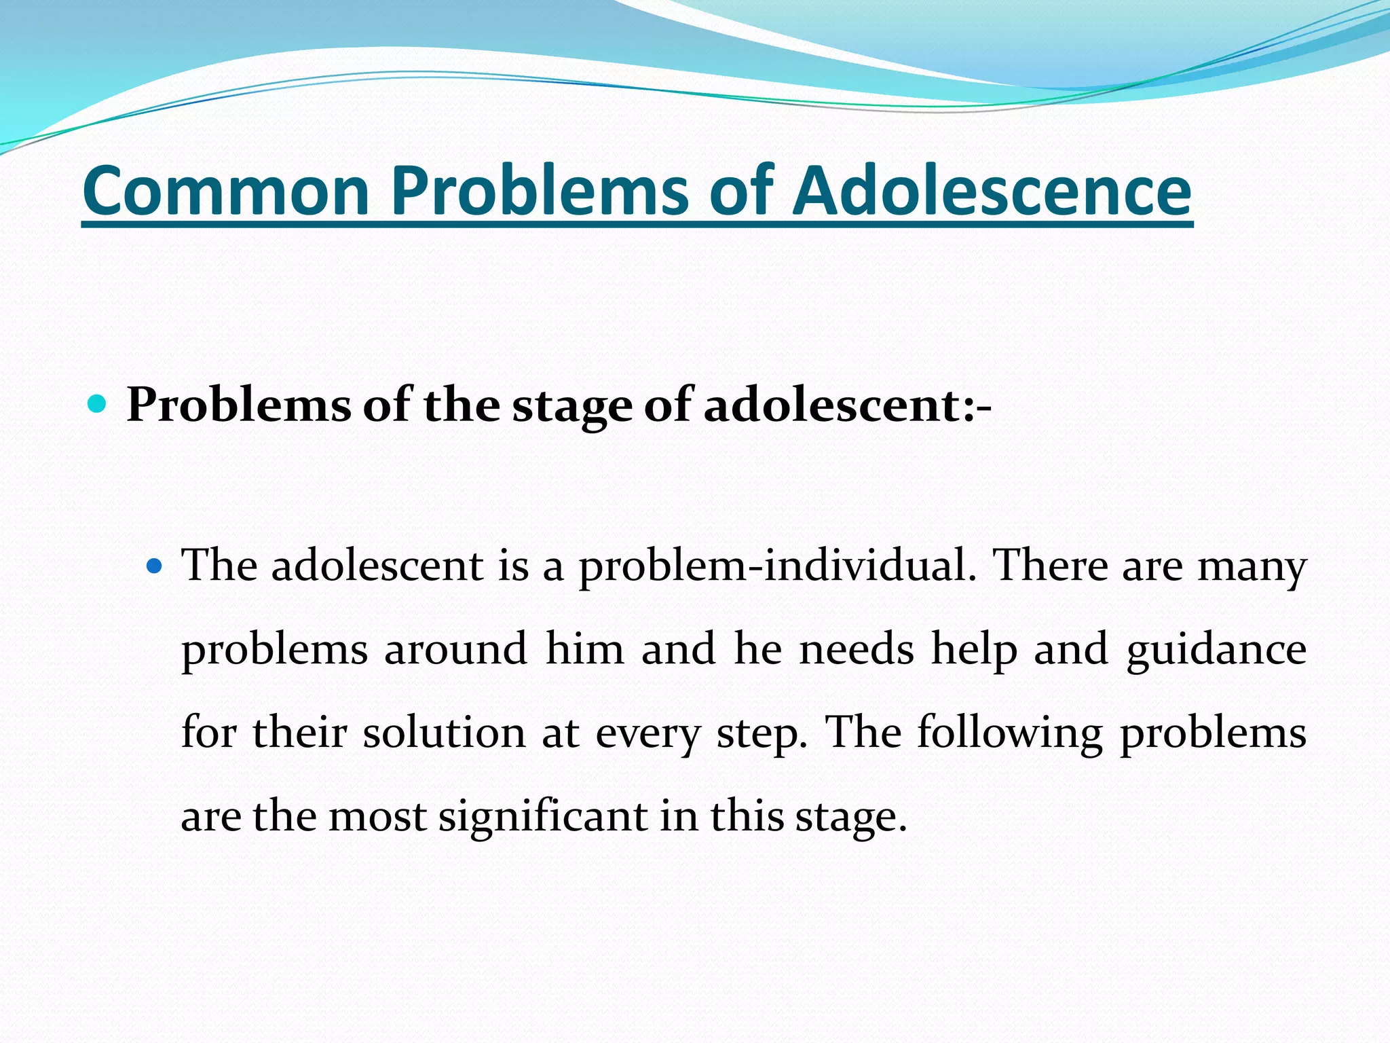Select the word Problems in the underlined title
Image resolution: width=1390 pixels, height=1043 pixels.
540,191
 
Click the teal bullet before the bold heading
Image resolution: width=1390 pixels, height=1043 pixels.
98,405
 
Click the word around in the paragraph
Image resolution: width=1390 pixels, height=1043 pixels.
455,648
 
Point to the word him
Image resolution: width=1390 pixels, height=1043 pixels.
584,648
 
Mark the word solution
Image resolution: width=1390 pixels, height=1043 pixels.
444,733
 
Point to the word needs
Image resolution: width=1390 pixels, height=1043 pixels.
857,648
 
